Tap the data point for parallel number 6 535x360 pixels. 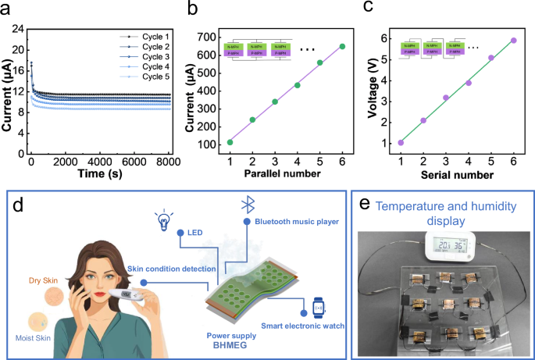tap(342, 46)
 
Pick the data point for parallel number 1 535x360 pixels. tap(230, 142)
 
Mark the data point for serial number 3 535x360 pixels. tap(446, 98)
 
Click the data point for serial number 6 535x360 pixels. tap(514, 40)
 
